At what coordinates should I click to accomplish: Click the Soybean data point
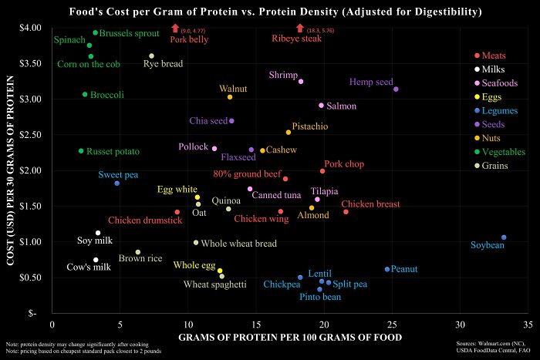(504, 237)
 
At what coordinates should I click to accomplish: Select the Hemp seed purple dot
(396, 89)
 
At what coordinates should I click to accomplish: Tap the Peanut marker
(387, 269)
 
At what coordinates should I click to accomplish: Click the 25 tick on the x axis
(392, 326)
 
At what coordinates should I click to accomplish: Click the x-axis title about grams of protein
(285, 338)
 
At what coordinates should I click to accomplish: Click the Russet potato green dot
(81, 151)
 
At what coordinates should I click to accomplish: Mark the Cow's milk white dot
(96, 260)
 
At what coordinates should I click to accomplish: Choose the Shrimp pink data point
(301, 81)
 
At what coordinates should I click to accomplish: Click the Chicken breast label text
(376, 204)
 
